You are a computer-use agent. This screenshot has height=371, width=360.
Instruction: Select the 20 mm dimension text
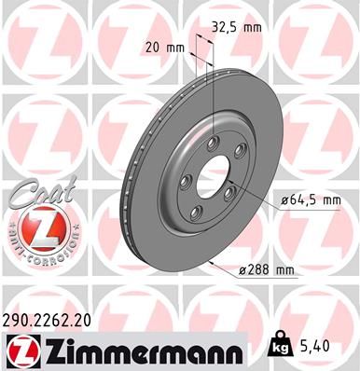[163, 46]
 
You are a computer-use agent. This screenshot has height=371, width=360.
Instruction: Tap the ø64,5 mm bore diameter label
[310, 199]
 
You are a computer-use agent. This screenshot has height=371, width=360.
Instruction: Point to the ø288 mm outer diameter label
[267, 269]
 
